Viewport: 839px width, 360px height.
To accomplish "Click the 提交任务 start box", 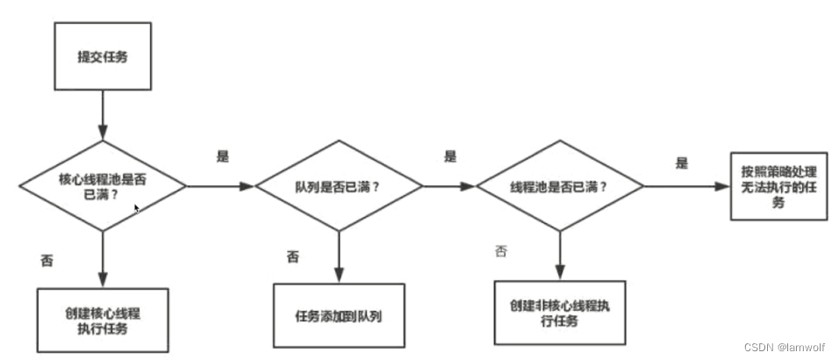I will tap(104, 58).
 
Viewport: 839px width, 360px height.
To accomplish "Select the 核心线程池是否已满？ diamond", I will tap(104, 185).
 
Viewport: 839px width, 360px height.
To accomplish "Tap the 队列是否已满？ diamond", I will tap(338, 186).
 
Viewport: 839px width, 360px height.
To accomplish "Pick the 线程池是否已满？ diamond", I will tap(560, 186).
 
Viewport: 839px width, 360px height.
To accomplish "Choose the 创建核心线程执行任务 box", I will tap(103, 320).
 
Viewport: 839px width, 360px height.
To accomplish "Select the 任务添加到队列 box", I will tap(339, 316).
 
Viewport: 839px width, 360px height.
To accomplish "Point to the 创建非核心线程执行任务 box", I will tap(560, 313).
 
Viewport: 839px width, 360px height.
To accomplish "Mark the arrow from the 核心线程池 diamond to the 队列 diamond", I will tap(219, 186).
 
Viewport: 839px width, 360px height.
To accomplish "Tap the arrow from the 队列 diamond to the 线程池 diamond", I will tap(449, 186).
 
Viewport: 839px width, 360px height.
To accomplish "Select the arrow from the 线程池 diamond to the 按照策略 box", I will tap(687, 186).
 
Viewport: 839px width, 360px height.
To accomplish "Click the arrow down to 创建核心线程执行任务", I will tap(104, 259).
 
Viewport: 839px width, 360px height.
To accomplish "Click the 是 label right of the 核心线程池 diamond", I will tap(223, 155).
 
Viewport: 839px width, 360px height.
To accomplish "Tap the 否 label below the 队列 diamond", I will tap(293, 256).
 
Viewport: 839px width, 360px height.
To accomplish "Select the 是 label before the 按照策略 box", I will tap(681, 162).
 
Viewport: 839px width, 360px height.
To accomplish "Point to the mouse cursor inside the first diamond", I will tap(137, 209).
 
